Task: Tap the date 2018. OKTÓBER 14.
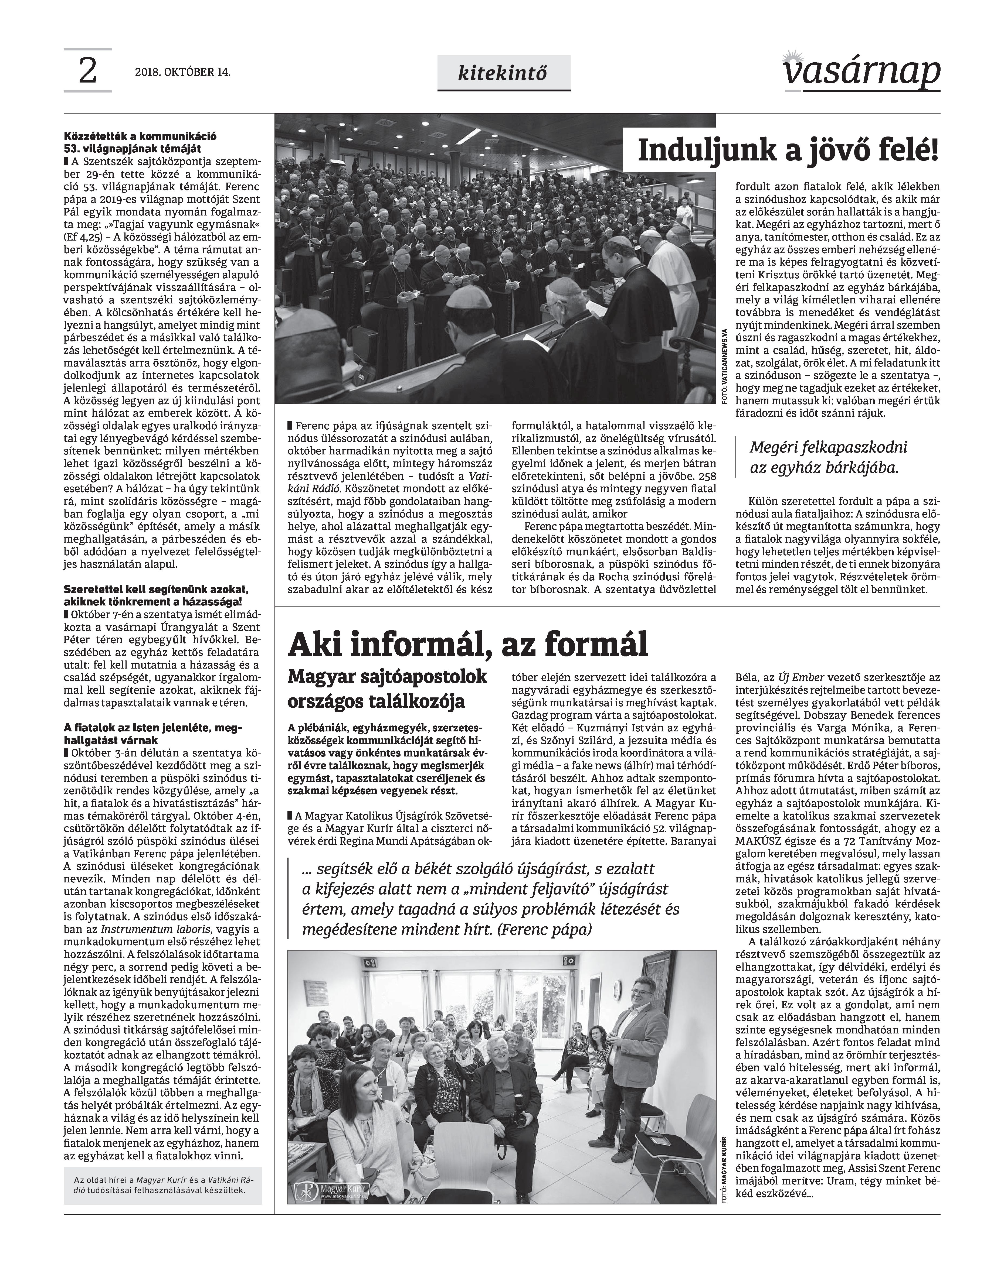click(x=182, y=73)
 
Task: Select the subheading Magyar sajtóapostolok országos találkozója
click(x=388, y=689)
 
